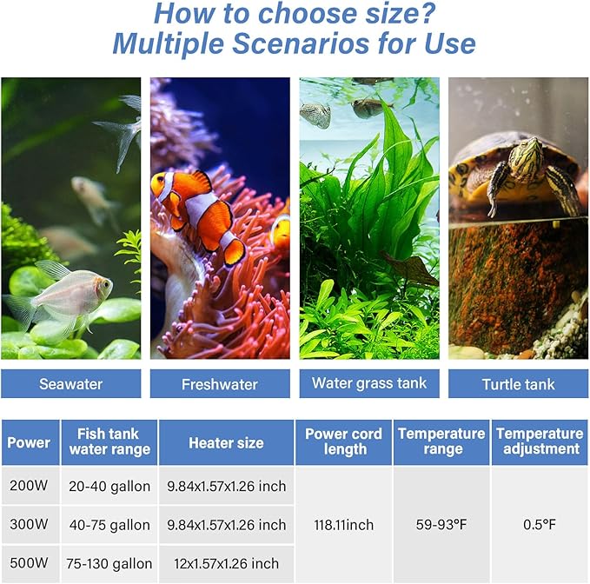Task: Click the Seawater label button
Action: click(70, 383)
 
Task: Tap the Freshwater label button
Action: click(220, 383)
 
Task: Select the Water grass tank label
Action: click(369, 382)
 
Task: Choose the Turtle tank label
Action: click(518, 383)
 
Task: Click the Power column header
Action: click(29, 442)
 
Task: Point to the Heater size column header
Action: click(226, 442)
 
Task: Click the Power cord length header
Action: click(343, 441)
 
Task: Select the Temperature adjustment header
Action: click(539, 441)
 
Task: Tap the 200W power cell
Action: click(29, 486)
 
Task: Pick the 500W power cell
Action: click(29, 563)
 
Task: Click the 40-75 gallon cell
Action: click(109, 525)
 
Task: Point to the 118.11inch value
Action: click(343, 525)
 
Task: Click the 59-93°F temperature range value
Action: click(442, 525)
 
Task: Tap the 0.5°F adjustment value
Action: click(539, 525)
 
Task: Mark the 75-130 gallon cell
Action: click(109, 563)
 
